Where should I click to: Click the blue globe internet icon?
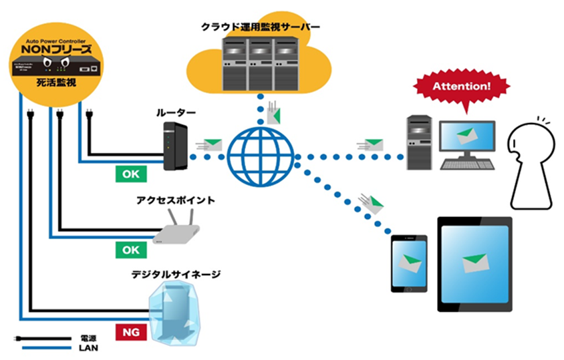point(260,156)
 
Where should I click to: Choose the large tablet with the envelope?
point(475,264)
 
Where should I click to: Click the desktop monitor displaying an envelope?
point(466,138)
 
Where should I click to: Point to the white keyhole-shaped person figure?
point(531,164)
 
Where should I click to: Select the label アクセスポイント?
point(176,199)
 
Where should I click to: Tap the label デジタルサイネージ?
point(176,274)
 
